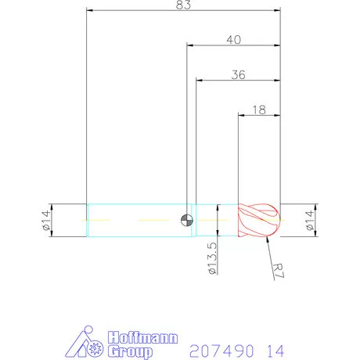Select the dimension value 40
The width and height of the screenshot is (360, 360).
(232, 38)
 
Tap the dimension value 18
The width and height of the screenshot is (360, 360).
(259, 110)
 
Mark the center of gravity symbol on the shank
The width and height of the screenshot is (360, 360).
(186, 220)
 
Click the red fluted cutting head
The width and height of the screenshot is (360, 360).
(258, 220)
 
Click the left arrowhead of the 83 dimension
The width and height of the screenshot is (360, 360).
(89, 11)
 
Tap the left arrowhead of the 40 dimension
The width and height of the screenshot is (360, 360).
(189, 45)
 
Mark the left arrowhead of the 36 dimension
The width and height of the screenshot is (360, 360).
(199, 81)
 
